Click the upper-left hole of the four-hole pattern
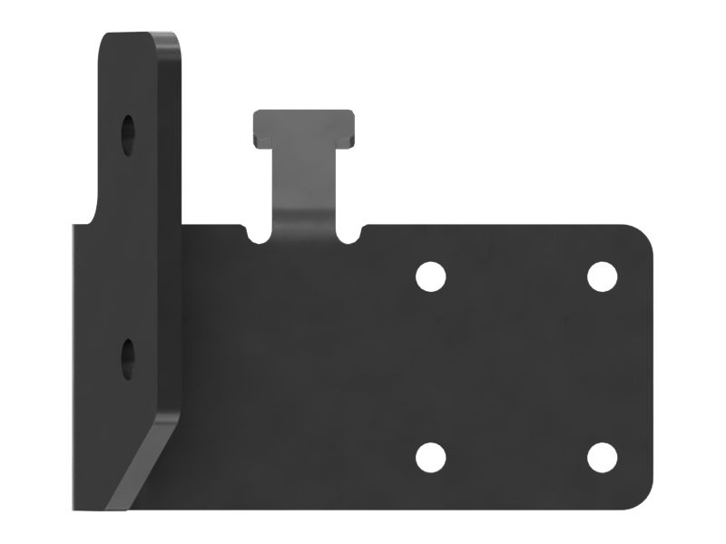pos(431,276)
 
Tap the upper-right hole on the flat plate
pos(601,276)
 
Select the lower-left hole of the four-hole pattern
pos(431,457)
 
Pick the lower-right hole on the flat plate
pos(601,457)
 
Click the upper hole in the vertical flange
pos(129,132)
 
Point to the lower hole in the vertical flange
pos(128,355)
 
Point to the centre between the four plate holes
pos(515,366)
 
